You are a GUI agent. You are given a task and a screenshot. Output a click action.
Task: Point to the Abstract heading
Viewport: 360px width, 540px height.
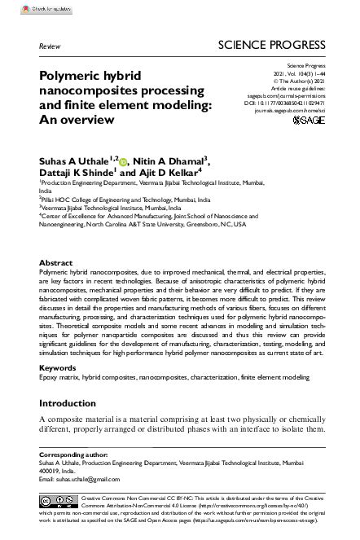(x=56, y=265)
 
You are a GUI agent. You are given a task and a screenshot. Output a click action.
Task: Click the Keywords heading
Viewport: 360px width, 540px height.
(x=59, y=368)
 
